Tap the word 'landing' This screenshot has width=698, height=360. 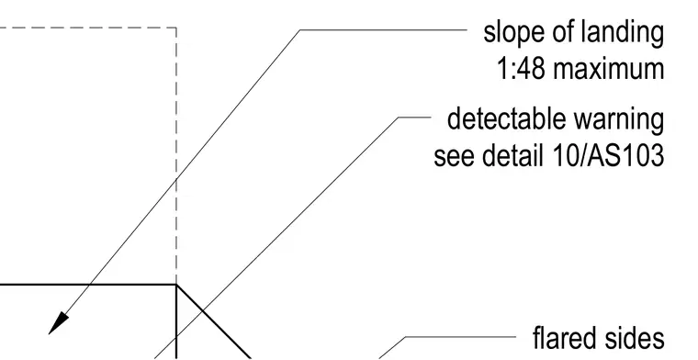click(623, 33)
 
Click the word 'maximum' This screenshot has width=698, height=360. click(608, 70)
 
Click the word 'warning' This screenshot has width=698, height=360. click(618, 119)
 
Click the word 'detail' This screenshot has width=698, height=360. click(512, 156)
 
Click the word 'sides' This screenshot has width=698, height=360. click(636, 338)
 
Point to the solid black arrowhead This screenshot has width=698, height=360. click(58, 323)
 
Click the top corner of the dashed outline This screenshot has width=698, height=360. click(176, 28)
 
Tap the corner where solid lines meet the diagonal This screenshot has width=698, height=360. click(176, 284)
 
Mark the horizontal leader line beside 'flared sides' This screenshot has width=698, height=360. click(460, 337)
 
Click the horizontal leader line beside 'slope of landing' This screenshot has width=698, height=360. click(383, 29)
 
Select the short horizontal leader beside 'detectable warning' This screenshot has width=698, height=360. click(414, 118)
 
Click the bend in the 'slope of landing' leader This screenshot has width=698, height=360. click(300, 29)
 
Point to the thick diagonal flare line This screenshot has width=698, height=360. click(214, 321)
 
